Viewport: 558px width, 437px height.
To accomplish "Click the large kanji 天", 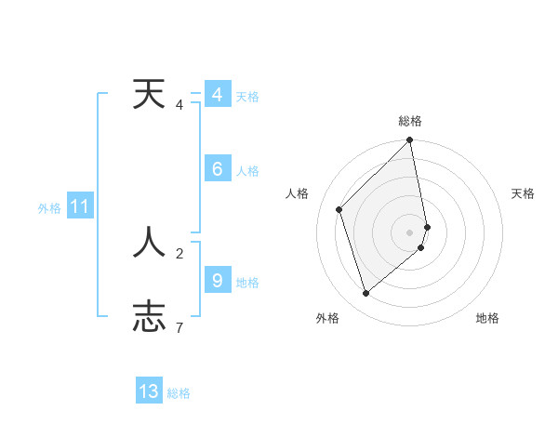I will (x=149, y=94).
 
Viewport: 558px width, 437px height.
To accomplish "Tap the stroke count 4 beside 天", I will (x=179, y=104).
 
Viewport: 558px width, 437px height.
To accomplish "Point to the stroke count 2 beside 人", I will (x=179, y=252).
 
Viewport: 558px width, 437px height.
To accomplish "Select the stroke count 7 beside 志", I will (x=179, y=326).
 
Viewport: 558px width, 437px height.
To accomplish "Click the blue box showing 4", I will (x=217, y=95).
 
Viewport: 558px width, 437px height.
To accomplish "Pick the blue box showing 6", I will (x=217, y=169).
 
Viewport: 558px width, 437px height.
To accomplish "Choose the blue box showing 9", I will (x=217, y=280).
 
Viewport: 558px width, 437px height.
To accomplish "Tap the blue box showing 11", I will (x=79, y=206).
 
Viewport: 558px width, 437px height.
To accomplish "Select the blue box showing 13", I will (x=149, y=391).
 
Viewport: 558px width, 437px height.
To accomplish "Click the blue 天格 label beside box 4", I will (x=247, y=97).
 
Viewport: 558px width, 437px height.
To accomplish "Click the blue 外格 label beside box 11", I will (x=49, y=208).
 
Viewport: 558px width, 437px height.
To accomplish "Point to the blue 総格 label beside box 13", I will (x=179, y=393).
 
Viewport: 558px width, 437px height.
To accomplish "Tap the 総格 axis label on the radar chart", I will (x=410, y=121).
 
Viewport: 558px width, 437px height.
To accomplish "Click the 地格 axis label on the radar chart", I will (x=487, y=318).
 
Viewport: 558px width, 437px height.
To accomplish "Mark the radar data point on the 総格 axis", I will (x=410, y=140).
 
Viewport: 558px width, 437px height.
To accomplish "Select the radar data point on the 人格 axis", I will (x=339, y=209).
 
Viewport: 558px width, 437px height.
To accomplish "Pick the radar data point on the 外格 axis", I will (x=365, y=293).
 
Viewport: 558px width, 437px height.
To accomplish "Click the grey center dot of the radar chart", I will (x=410, y=232).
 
